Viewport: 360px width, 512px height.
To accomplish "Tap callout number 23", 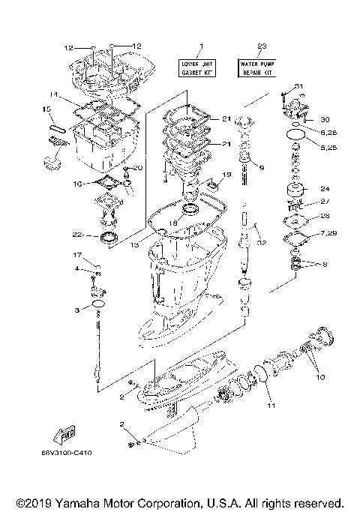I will point(259,46).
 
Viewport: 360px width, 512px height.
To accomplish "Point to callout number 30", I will point(325,118).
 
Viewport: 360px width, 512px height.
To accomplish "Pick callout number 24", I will point(325,188).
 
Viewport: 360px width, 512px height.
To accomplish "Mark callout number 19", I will point(226,174).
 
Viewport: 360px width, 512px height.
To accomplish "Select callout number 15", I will point(46,109).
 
